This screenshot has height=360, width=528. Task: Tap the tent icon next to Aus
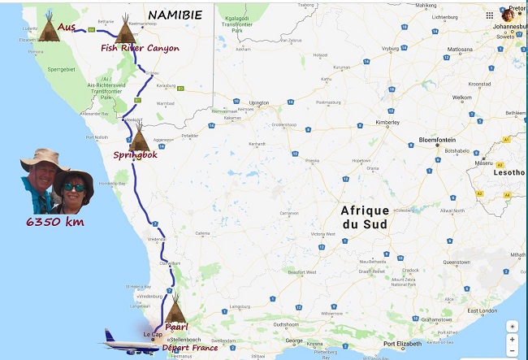pyautogui.click(x=49, y=29)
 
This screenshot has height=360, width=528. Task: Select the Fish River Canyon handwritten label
pyautogui.click(x=140, y=49)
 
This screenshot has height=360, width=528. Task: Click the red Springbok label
pyautogui.click(x=135, y=154)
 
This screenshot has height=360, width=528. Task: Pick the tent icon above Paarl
pyautogui.click(x=175, y=313)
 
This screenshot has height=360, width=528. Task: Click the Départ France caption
pyautogui.click(x=190, y=347)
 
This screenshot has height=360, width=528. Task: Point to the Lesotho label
pyautogui.click(x=509, y=172)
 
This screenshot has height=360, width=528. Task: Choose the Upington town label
pyautogui.click(x=258, y=103)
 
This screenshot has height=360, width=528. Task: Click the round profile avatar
pyautogui.click(x=509, y=15)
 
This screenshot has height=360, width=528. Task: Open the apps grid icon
pyautogui.click(x=489, y=15)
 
